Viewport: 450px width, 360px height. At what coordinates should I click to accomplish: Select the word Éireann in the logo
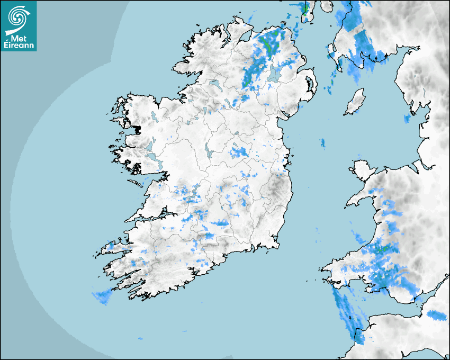[19, 46]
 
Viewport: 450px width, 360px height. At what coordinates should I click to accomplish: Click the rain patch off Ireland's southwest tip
[101, 297]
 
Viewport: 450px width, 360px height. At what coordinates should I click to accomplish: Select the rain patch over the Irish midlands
[238, 153]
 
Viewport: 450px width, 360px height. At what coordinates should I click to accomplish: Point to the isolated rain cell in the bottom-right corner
[437, 316]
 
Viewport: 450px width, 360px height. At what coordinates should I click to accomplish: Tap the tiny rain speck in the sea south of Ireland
[140, 338]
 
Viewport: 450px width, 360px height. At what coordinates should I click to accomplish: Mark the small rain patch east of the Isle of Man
[407, 119]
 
